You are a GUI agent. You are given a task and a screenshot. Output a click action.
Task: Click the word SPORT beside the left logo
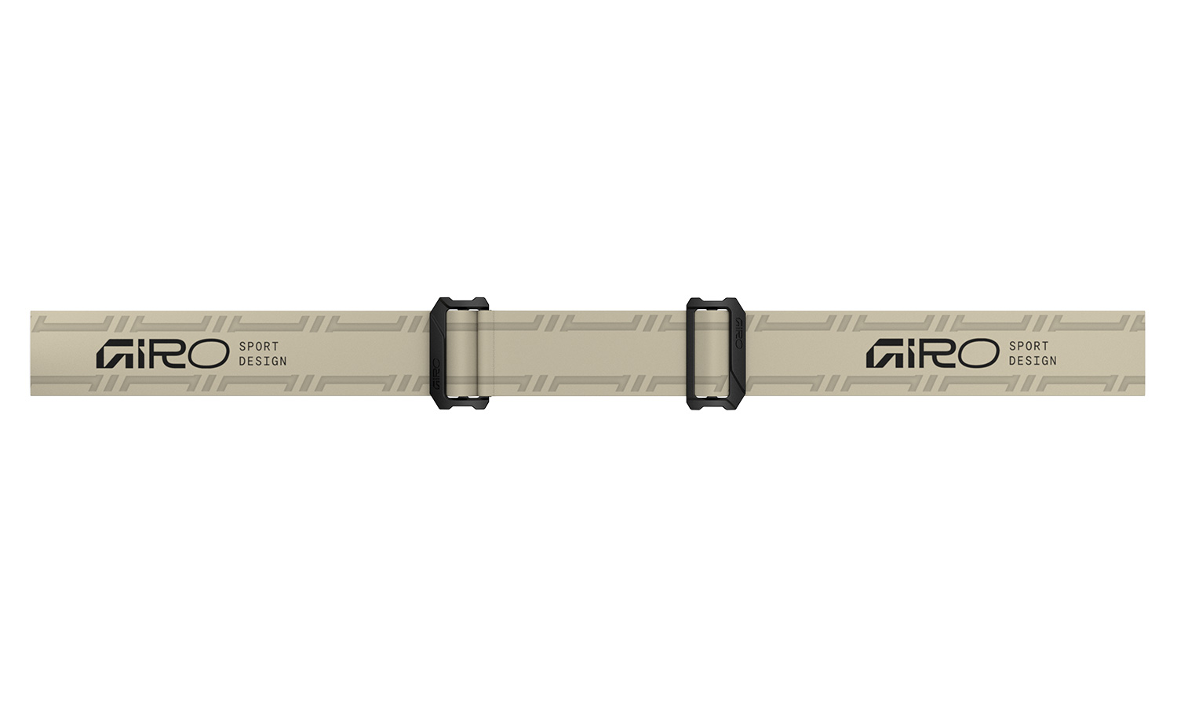pyautogui.click(x=259, y=346)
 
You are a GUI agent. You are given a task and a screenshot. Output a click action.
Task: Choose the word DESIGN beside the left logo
pyautogui.click(x=263, y=362)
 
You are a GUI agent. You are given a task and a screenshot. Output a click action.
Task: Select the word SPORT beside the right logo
pyautogui.click(x=1029, y=346)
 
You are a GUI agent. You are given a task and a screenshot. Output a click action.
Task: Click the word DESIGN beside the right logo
pyautogui.click(x=1033, y=362)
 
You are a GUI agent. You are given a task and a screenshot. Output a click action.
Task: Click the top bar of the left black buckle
pyautogui.click(x=461, y=303)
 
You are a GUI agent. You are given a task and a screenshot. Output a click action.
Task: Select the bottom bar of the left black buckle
pyautogui.click(x=461, y=403)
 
